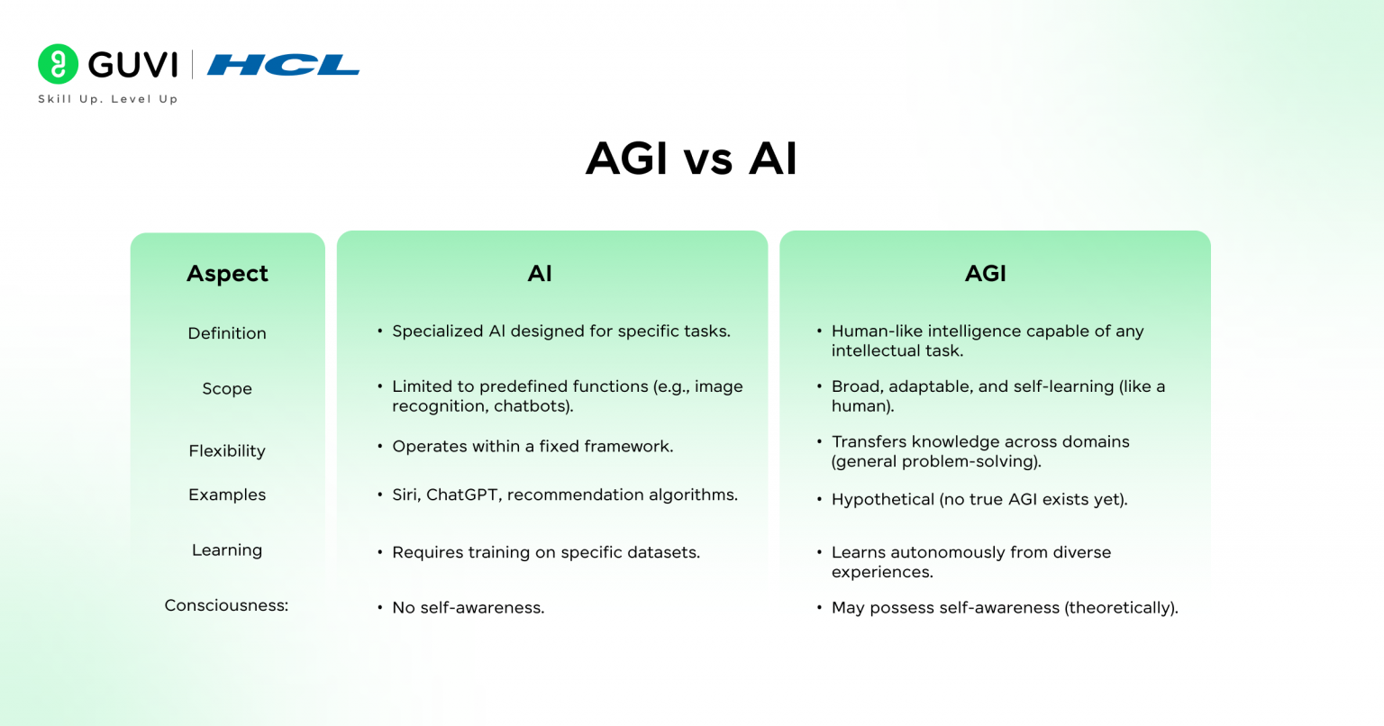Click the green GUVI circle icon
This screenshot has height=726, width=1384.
(x=59, y=64)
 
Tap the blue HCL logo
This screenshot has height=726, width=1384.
(x=283, y=65)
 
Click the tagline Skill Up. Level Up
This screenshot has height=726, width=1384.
(x=108, y=99)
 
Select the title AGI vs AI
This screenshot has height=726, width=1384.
(x=691, y=159)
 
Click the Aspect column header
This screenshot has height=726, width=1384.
(x=227, y=274)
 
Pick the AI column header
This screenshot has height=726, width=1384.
(x=540, y=274)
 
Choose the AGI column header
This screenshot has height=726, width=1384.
(x=985, y=274)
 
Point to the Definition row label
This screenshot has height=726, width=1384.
(x=227, y=333)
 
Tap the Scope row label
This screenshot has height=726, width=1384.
(x=227, y=389)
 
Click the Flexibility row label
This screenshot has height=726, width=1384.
(x=227, y=451)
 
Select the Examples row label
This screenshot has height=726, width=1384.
(x=227, y=495)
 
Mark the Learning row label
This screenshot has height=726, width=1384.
(x=227, y=550)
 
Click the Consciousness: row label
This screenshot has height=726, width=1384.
(x=226, y=605)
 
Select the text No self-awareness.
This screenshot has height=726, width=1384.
(x=468, y=608)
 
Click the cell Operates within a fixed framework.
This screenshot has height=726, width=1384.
(x=533, y=447)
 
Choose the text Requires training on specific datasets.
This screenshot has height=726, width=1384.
(x=545, y=552)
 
